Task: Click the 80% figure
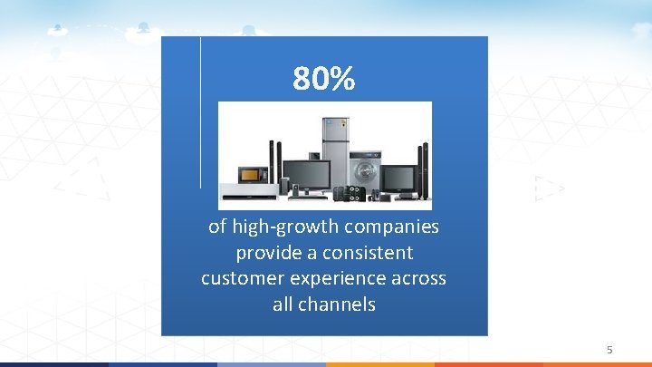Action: coord(324,80)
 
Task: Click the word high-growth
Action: coord(276,226)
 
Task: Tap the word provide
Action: coord(266,252)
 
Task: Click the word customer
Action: coord(243,278)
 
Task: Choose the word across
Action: coord(419,278)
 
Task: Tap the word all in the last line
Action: coord(283,304)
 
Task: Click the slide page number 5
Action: coord(609,349)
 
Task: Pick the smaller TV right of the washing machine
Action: coord(398,177)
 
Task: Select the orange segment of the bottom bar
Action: coord(380,364)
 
